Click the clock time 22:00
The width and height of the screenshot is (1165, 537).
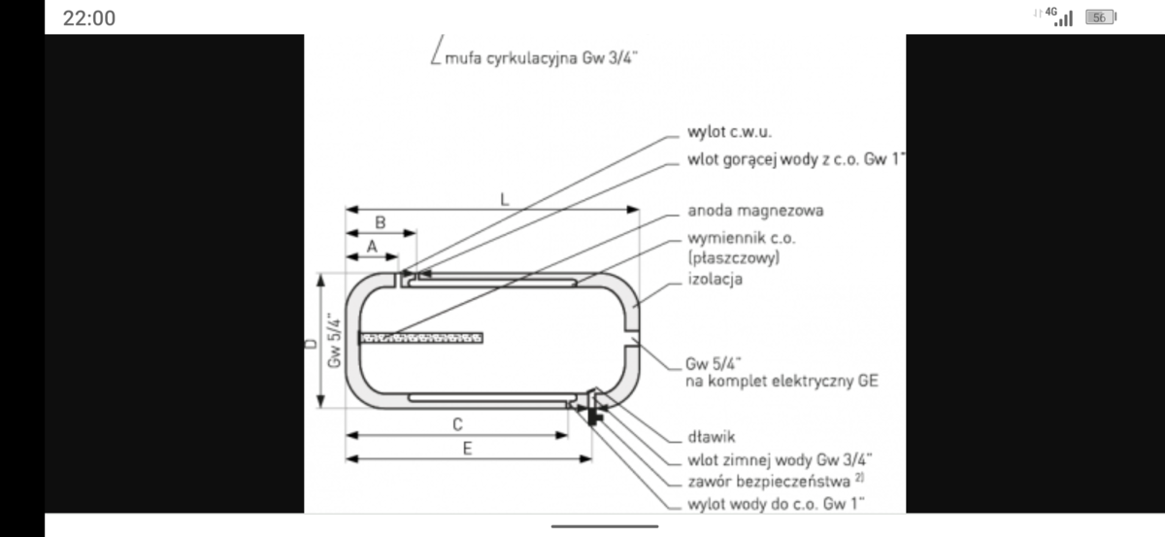click(x=88, y=18)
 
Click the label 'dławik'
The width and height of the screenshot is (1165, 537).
click(x=710, y=437)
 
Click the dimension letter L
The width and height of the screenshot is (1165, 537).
click(x=504, y=198)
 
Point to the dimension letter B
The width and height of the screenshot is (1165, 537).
click(x=380, y=222)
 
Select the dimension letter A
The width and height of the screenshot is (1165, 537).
click(x=371, y=247)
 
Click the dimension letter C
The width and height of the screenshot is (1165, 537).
click(x=456, y=423)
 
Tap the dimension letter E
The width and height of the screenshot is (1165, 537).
click(x=467, y=448)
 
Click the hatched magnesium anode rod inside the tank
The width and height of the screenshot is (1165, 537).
click(x=421, y=338)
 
